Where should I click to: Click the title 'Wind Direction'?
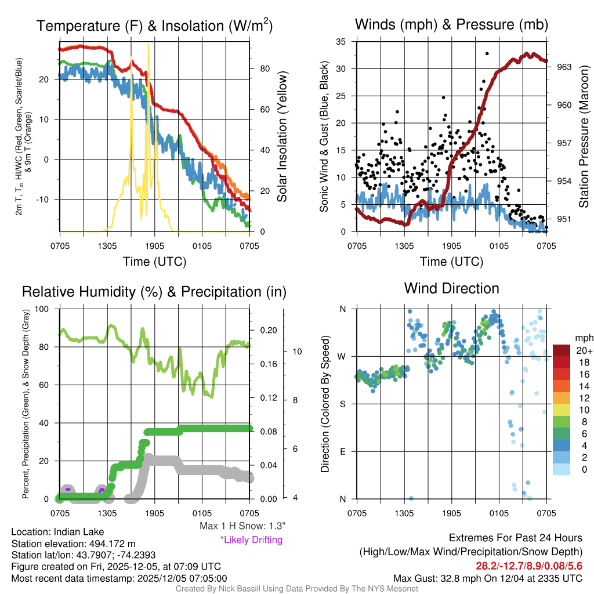click(x=451, y=288)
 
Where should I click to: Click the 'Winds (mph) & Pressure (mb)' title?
click(x=451, y=24)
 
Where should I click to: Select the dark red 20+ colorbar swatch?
click(x=563, y=350)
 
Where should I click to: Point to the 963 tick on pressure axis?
click(x=564, y=67)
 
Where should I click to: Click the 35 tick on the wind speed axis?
click(x=341, y=42)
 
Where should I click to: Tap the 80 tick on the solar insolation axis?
click(x=263, y=68)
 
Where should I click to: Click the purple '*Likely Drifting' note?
click(x=251, y=539)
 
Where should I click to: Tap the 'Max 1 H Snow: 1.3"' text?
click(x=242, y=526)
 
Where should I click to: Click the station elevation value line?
click(x=73, y=544)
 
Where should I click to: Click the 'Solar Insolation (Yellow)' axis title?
click(x=282, y=137)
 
